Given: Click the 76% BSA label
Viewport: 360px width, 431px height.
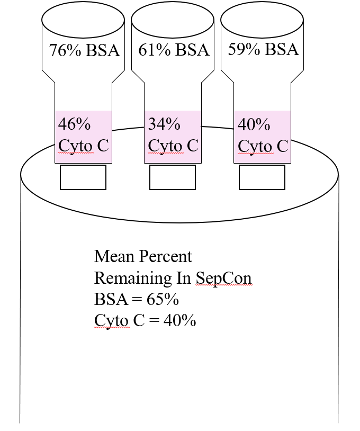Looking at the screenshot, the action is (x=85, y=50).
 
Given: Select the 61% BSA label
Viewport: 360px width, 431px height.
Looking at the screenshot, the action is (x=174, y=50).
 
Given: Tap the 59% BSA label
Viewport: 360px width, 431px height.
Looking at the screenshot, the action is (x=264, y=49).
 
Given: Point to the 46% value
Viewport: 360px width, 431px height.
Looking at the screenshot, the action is (x=74, y=124).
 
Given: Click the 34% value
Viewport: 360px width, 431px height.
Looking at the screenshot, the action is (x=164, y=124).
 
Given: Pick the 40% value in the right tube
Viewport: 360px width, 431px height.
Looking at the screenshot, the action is (x=254, y=124).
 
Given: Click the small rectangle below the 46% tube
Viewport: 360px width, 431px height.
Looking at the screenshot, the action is (x=83, y=177).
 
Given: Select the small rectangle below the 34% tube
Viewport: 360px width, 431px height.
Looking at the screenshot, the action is (x=173, y=177).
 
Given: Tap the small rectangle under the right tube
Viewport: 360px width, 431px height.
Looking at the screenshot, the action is (x=262, y=177).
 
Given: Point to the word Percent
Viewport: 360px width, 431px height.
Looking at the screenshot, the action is (x=165, y=256).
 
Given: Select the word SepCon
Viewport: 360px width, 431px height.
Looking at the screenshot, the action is (x=224, y=278).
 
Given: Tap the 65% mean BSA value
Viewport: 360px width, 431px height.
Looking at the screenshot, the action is (x=163, y=299).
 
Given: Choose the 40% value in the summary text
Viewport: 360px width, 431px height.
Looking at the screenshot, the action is (x=179, y=320).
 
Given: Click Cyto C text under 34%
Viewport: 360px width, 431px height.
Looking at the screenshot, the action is (x=173, y=146).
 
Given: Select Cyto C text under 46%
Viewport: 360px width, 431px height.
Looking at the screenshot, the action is (x=84, y=146).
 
